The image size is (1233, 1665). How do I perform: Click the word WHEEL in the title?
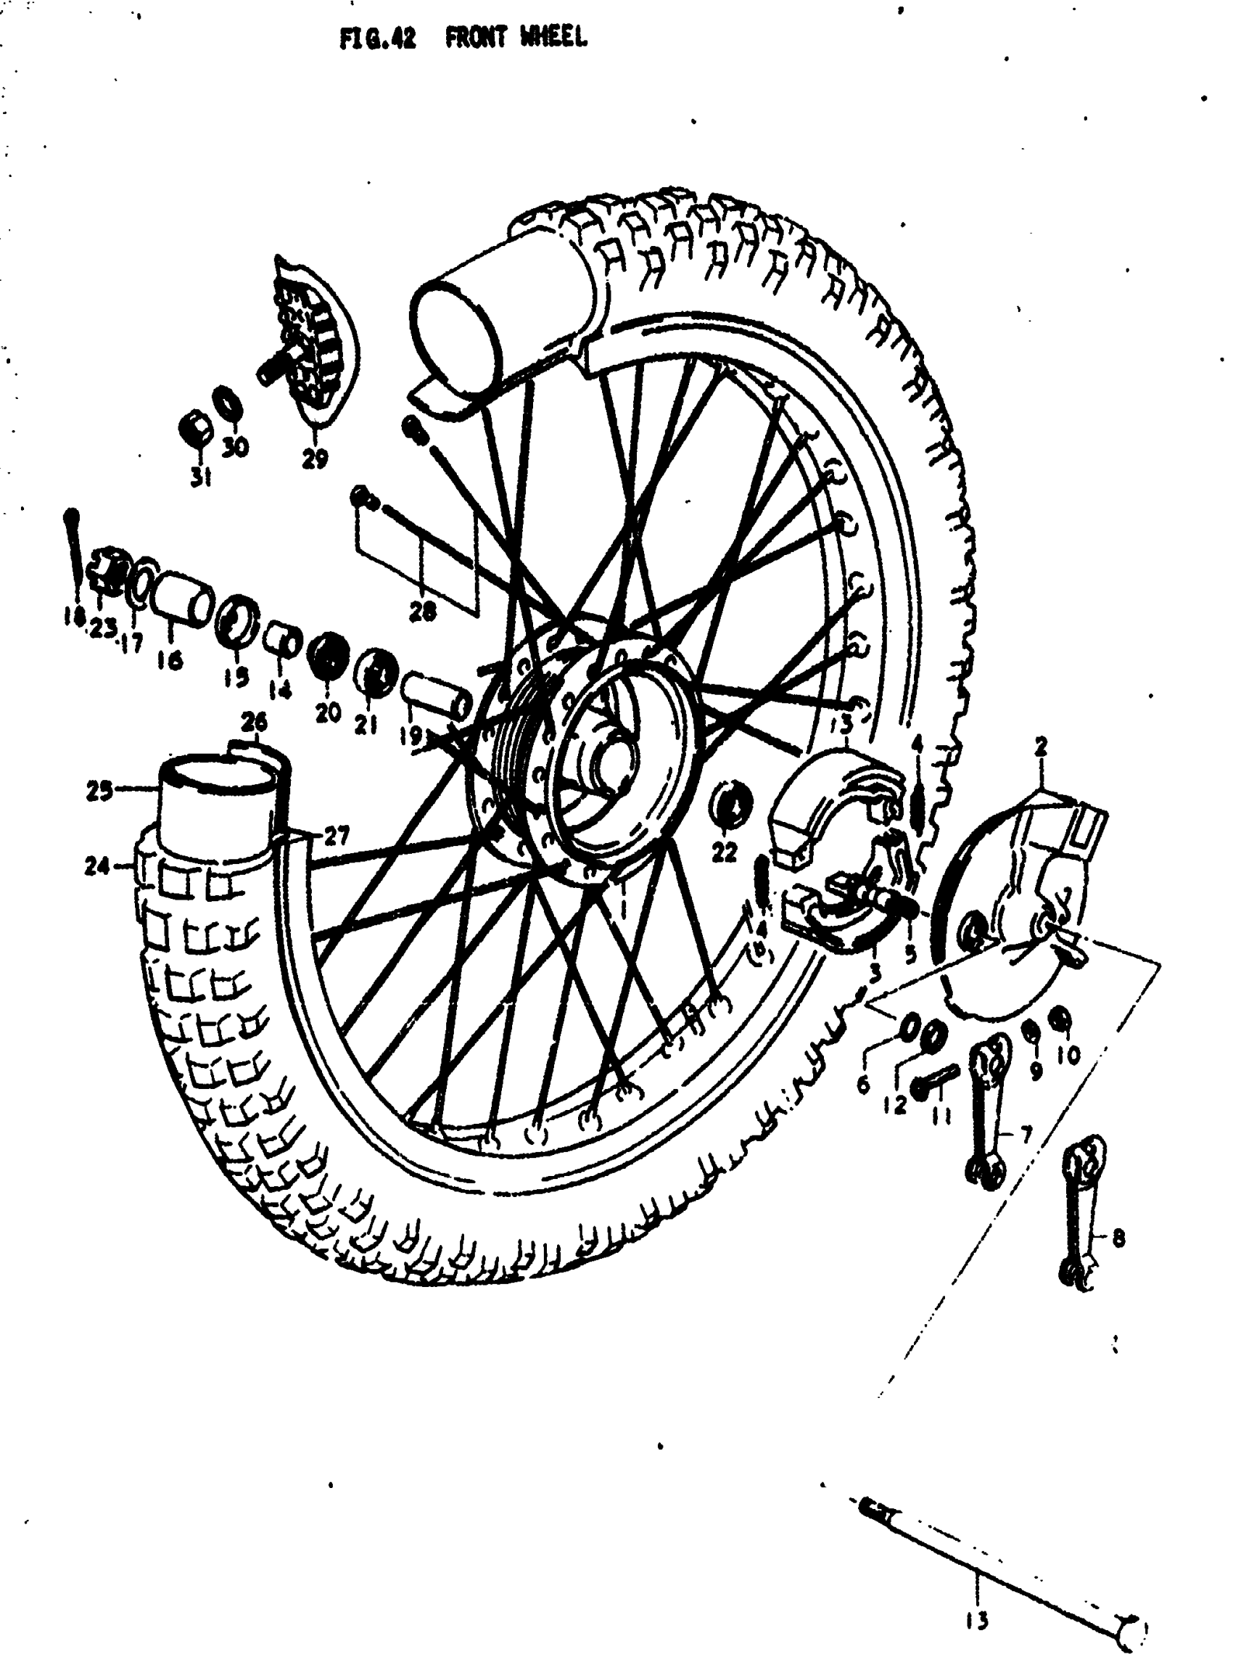553,37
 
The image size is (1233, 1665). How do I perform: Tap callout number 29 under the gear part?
315,459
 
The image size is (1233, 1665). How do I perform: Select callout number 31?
199,476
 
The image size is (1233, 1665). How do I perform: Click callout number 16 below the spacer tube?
171,659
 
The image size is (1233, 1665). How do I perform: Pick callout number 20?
328,712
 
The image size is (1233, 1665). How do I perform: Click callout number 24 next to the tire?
97,866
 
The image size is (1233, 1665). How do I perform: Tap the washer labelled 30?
228,404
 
